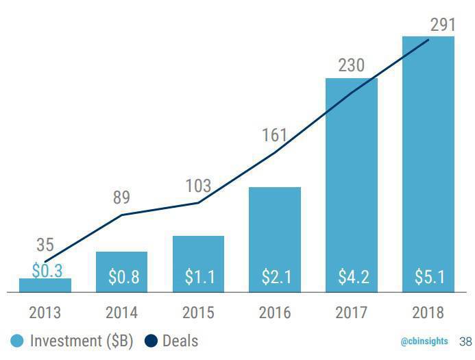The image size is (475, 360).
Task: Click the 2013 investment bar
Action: coord(45,286)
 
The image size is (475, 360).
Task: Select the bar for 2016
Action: coord(275,240)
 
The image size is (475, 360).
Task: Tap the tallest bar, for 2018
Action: coord(428,165)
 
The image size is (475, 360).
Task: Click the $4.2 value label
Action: coord(352,277)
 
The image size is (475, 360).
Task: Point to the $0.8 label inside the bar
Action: coord(121,277)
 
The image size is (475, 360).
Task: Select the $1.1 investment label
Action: coord(198,277)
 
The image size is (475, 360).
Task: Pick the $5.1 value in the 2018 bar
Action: coord(428,277)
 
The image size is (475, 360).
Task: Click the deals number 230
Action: coord(351,67)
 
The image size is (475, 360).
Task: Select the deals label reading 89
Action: coord(121,199)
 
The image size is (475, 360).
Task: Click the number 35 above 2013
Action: coord(45,245)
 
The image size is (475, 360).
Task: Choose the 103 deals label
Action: coord(198,186)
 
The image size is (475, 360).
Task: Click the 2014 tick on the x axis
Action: coord(121,313)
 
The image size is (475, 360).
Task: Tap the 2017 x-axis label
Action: coord(352,313)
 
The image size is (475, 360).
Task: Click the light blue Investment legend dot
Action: coord(17,340)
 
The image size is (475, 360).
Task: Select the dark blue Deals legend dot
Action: coord(151,340)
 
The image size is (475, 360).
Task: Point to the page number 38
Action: coord(465,341)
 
